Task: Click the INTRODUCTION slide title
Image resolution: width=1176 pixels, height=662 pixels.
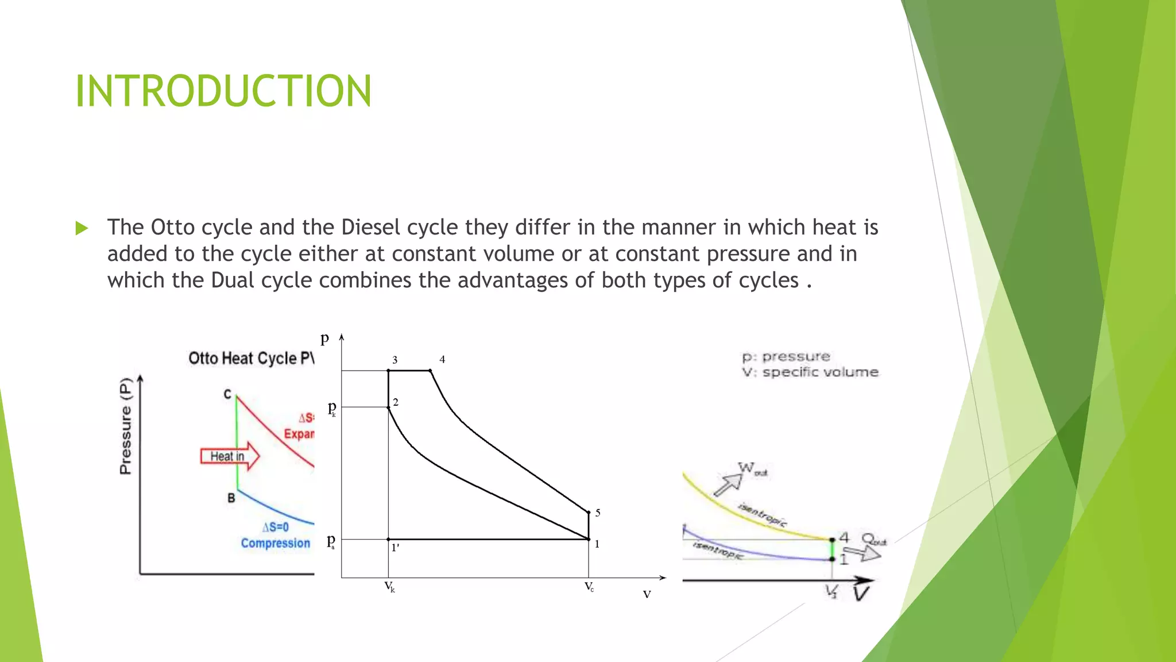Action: tap(223, 91)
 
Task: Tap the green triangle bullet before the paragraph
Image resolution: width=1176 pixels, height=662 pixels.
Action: tap(82, 228)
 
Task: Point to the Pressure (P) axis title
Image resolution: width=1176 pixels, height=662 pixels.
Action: tap(125, 425)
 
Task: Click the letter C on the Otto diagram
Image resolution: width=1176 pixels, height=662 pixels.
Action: tap(227, 394)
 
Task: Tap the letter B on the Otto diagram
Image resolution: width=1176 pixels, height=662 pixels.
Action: tap(231, 498)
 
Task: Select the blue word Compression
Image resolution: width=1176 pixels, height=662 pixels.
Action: tap(275, 543)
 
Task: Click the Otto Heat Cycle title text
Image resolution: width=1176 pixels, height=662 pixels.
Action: tap(251, 358)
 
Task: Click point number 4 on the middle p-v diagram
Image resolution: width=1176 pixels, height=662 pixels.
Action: tap(442, 360)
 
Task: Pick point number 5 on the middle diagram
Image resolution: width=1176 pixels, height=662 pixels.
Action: tap(598, 513)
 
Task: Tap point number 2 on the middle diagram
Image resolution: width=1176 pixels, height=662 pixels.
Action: tap(396, 402)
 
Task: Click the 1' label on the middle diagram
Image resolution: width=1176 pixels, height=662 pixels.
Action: tap(395, 548)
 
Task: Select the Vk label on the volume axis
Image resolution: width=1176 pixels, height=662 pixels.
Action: tap(389, 587)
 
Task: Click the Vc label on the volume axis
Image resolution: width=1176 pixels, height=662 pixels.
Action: tap(589, 587)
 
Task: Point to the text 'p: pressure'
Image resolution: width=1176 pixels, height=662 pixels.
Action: tap(786, 357)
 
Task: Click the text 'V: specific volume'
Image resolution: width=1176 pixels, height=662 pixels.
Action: tap(810, 372)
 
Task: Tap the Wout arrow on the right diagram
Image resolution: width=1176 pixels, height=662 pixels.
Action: tap(728, 484)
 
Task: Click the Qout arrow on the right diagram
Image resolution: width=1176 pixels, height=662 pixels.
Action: tap(864, 553)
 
